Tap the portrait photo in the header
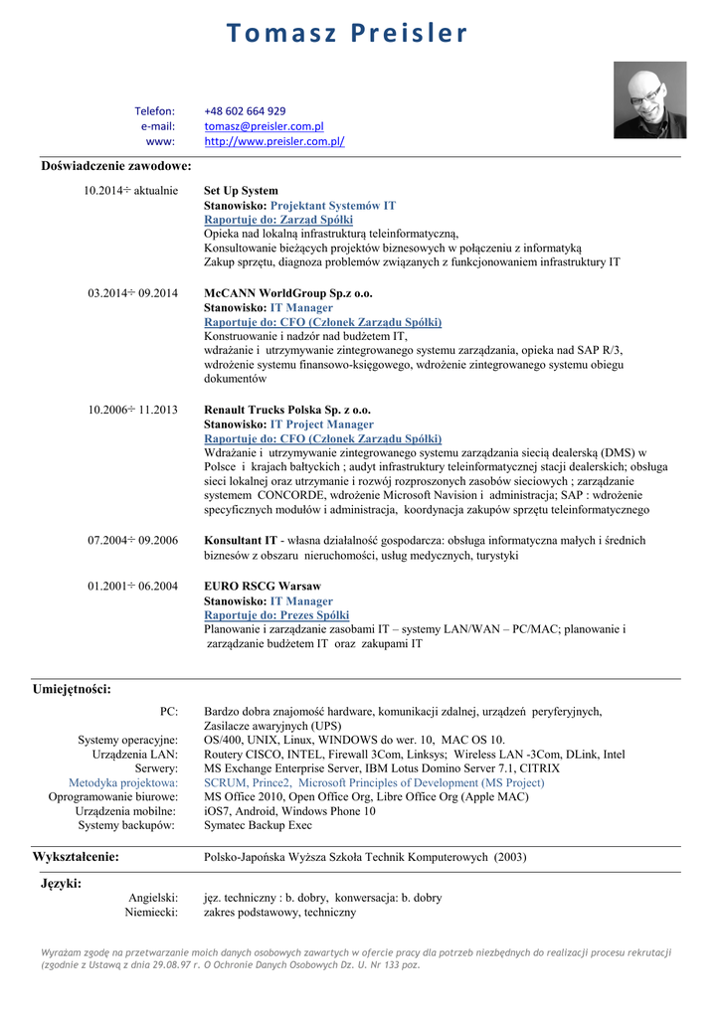click(649, 100)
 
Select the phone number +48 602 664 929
click(245, 111)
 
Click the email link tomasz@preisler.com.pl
click(265, 126)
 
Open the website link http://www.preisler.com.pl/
click(273, 141)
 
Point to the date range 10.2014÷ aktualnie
click(131, 190)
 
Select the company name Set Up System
click(241, 190)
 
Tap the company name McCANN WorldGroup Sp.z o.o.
click(288, 293)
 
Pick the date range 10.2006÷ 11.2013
click(133, 410)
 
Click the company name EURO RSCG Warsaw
click(263, 587)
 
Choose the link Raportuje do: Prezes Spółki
click(276, 615)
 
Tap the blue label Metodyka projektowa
click(123, 782)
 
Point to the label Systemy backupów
click(128, 825)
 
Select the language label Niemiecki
click(151, 912)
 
